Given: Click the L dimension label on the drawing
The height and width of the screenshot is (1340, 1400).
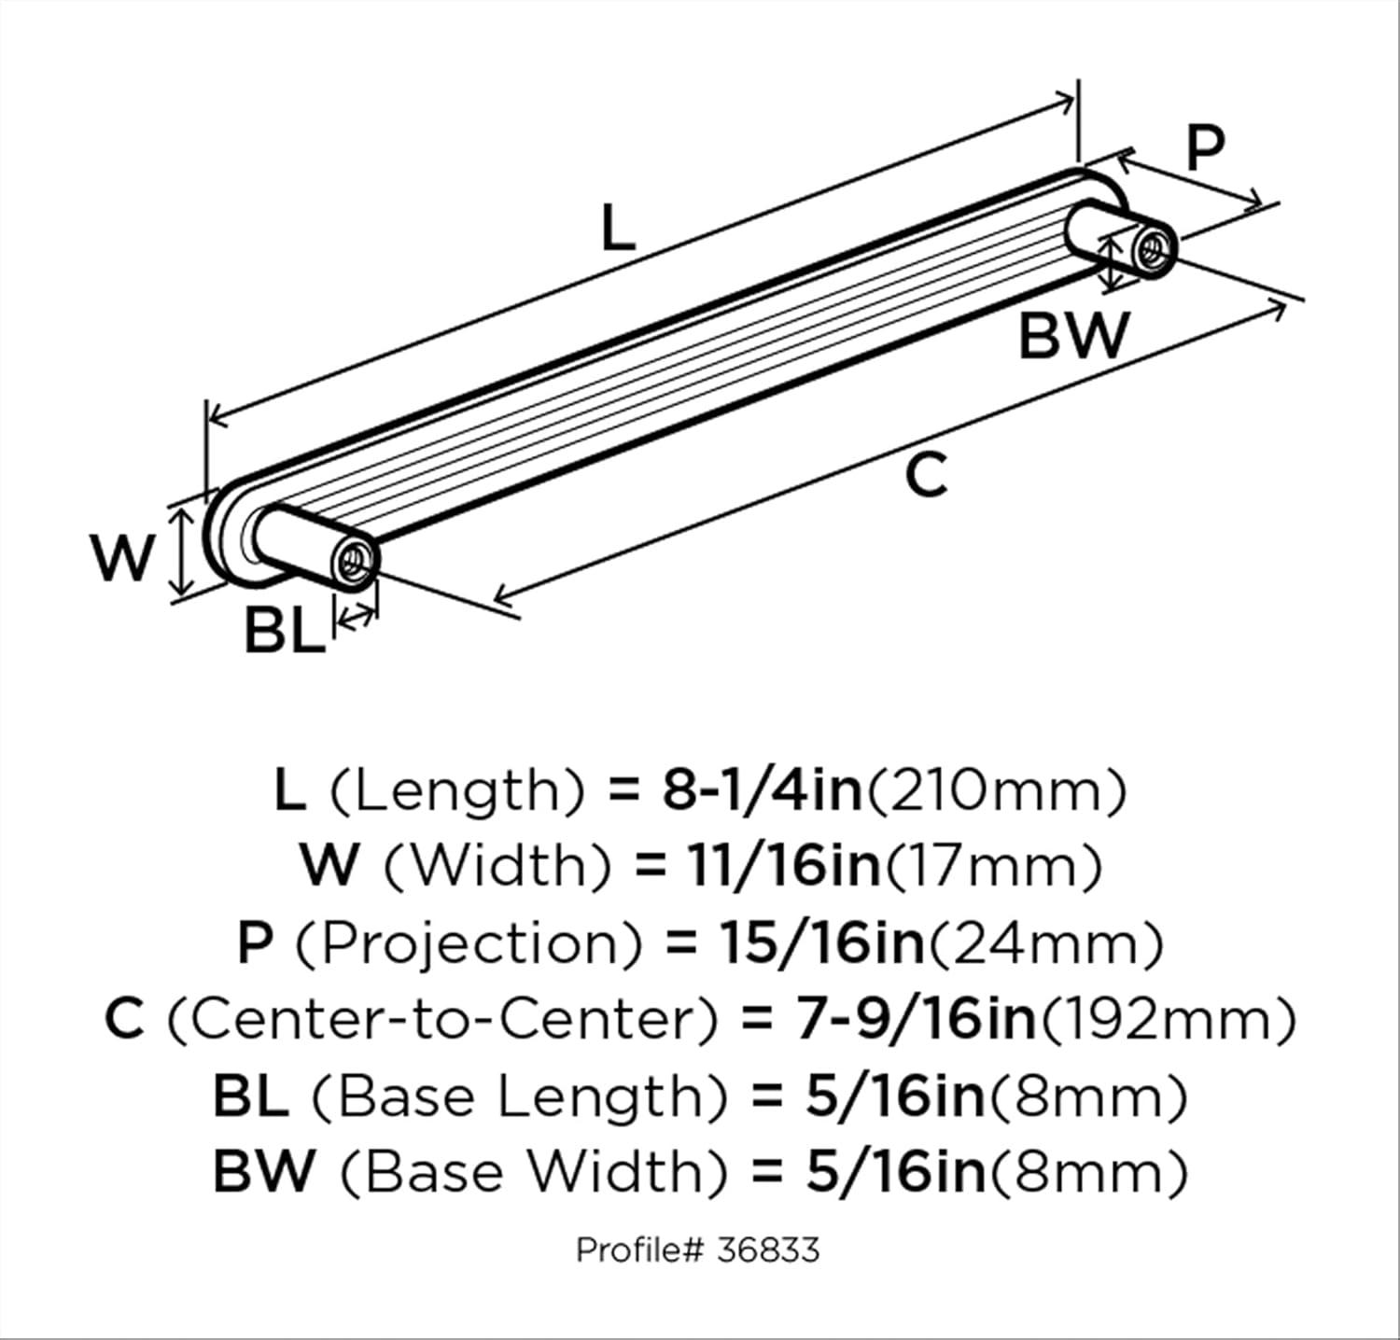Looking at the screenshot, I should pos(617,228).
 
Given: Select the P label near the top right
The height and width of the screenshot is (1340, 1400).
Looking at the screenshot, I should pos(1205,148).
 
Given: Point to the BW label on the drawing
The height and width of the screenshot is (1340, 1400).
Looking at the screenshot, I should pos(1073,336).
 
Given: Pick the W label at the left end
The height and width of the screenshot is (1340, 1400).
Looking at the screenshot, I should pos(122,558).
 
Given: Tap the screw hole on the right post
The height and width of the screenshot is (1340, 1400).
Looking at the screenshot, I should pos(1154,246).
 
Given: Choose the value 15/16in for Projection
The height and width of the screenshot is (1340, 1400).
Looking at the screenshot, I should pos(819,943).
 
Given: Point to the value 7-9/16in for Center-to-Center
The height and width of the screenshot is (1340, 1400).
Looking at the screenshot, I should pos(916,1019).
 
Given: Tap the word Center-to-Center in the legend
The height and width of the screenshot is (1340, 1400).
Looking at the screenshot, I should pos(442,1019).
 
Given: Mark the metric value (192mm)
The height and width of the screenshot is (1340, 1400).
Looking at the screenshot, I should pos(1168,1019).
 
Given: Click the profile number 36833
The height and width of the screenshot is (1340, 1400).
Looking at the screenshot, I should pos(768,1249).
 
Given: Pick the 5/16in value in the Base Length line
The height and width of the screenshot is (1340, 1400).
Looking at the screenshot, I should pos(894,1096).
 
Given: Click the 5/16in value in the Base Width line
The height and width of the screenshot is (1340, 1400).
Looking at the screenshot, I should pos(894,1171).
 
